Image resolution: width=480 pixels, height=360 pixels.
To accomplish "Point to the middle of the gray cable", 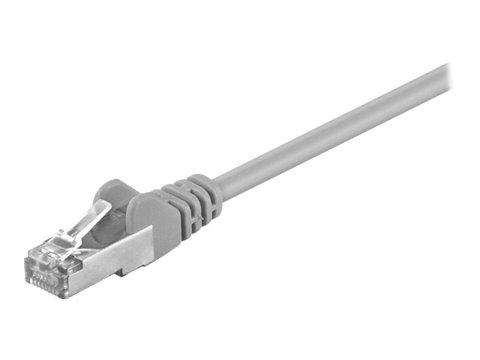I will (x=330, y=130).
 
